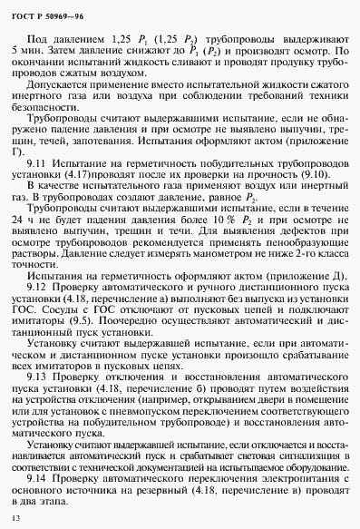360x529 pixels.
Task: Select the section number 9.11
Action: [37, 186]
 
